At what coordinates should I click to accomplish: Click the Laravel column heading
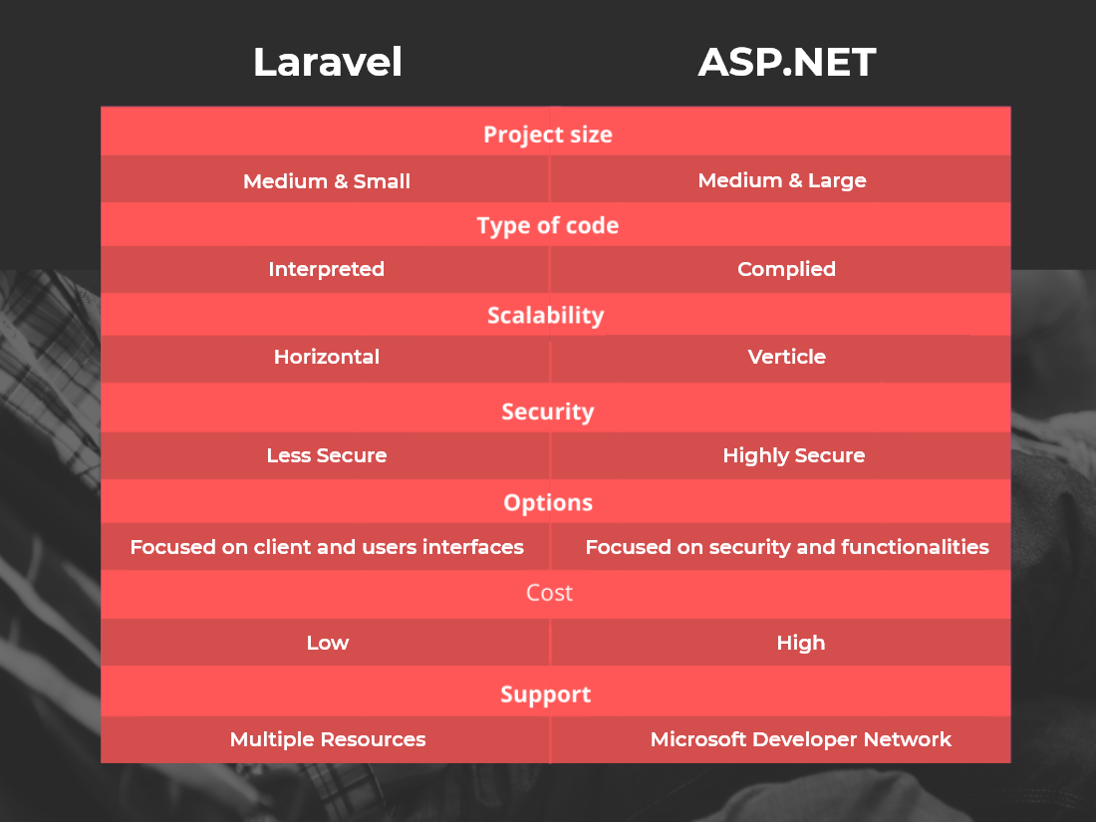tap(327, 62)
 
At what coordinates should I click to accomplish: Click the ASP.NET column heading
tap(786, 62)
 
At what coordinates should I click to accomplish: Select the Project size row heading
tap(548, 135)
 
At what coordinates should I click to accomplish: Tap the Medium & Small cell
tap(327, 181)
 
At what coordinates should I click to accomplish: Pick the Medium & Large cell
tap(782, 180)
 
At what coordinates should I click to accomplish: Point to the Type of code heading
tap(548, 226)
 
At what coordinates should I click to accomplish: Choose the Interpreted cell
tap(327, 269)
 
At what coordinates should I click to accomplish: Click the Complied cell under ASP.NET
tap(786, 269)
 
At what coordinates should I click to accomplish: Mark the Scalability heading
tap(546, 315)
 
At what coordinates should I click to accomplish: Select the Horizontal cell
tap(327, 357)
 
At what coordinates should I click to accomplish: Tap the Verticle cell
tap(787, 357)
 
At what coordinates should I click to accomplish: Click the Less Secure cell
tap(327, 455)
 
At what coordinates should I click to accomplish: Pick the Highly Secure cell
tap(794, 456)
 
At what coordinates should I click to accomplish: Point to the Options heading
tap(548, 503)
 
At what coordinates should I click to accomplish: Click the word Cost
tap(549, 593)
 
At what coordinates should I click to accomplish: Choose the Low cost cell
tap(327, 643)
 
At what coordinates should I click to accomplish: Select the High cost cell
tap(801, 643)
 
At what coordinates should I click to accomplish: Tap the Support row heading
tap(546, 694)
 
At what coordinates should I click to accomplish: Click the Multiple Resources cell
tap(328, 739)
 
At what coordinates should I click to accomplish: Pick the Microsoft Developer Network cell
tap(801, 739)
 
